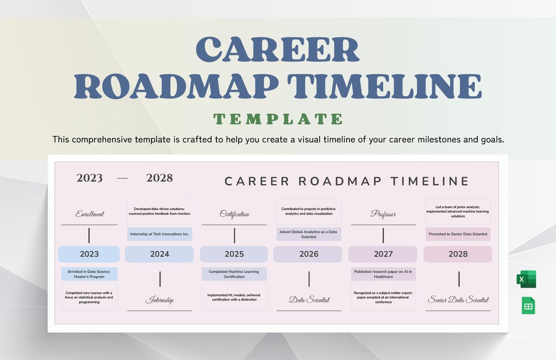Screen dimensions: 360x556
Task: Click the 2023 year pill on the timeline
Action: [89, 254]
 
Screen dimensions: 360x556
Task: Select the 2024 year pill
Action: [159, 254]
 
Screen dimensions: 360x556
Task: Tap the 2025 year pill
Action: [234, 254]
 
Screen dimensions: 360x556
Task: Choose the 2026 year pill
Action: [309, 254]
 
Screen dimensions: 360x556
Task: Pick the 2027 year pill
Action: [383, 254]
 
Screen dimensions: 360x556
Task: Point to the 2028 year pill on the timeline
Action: [458, 254]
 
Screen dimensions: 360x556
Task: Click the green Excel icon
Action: [526, 279]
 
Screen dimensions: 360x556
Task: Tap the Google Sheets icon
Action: [528, 306]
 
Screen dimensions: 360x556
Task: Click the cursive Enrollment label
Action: [89, 214]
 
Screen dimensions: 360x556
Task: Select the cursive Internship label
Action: [159, 300]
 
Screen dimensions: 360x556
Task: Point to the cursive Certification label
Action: [234, 214]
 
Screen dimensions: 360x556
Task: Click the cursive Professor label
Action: [383, 214]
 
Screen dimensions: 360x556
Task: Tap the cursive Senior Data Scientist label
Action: [458, 300]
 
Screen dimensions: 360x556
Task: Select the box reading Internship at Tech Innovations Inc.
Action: [159, 234]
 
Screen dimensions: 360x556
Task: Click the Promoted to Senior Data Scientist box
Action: [458, 234]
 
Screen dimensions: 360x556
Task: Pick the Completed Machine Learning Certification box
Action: [234, 274]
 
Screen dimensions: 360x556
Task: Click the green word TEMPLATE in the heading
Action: [278, 119]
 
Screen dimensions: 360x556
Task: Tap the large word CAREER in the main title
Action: [278, 50]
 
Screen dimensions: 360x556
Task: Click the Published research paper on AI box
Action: [383, 274]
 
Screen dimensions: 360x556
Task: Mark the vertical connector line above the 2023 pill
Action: [89, 235]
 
